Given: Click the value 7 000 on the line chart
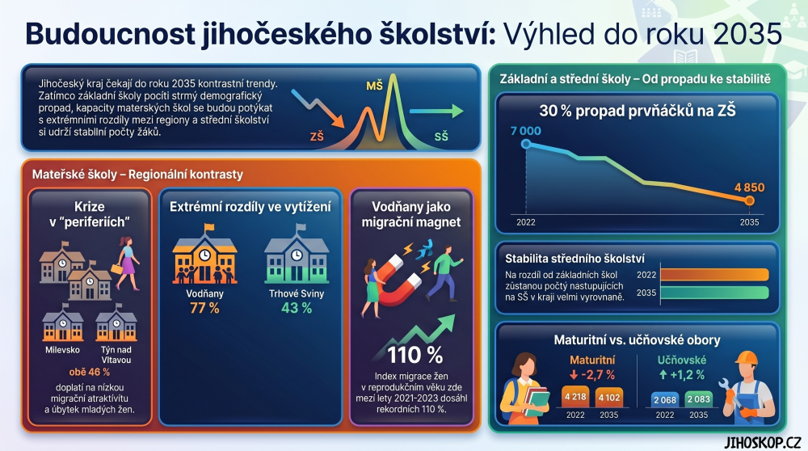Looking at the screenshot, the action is pos(526,131).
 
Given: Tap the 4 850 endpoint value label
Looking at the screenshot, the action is pos(749,188).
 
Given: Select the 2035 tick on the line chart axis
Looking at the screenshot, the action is pos(749,222).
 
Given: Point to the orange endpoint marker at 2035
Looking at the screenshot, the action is pos(749,200).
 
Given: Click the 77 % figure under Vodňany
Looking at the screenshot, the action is pos(204,308).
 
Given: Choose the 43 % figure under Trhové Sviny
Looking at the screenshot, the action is pos(297,308).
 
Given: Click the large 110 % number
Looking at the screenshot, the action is pos(415,355).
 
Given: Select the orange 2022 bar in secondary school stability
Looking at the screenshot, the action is pos(715,275).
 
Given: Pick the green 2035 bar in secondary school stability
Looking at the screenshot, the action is pos(715,293).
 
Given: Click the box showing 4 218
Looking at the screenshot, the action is pos(575,397).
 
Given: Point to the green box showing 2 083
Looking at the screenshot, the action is pos(698,399).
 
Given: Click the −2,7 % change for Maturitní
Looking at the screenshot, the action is pos(592,375).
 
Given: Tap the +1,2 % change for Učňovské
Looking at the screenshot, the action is pos(681,375).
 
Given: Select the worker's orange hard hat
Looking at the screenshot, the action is pos(746,358).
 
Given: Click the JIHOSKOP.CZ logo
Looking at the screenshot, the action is pos(762,442).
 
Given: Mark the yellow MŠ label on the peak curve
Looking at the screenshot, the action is pos(375,86).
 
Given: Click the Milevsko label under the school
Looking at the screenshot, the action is pos(62,350).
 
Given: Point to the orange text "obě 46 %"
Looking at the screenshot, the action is pos(89,372).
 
